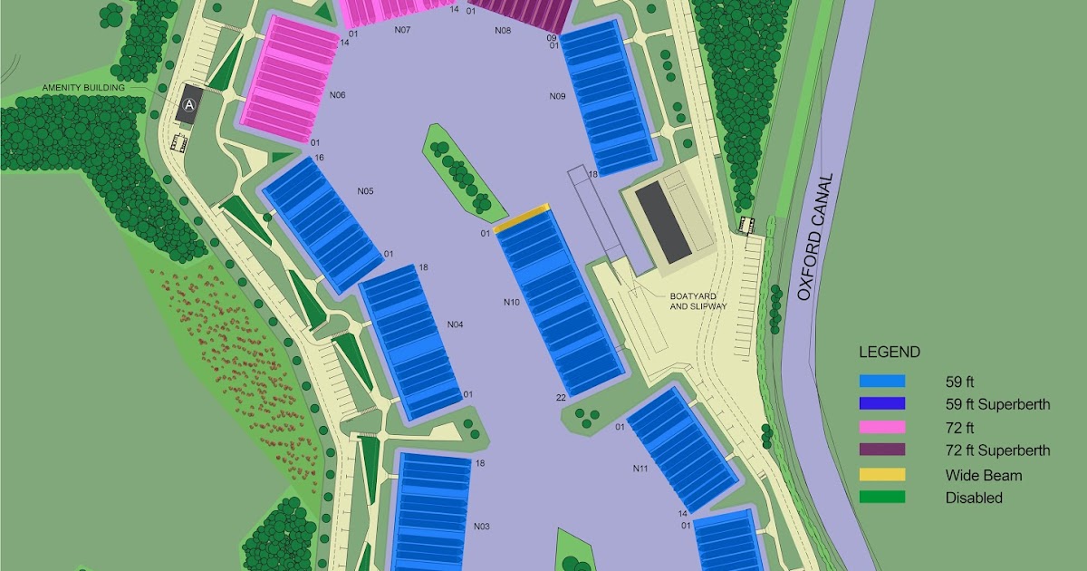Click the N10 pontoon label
tap(512, 302)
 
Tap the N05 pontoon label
tap(365, 191)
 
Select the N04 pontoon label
tap(455, 324)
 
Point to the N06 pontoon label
tap(338, 95)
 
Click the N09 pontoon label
tap(557, 96)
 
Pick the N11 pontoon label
tap(640, 469)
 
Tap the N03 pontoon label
tap(481, 527)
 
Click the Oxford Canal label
tap(813, 237)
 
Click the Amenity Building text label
tap(80, 88)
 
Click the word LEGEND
tap(889, 353)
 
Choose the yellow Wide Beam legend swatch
tap(881, 474)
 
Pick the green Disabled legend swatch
tap(881, 497)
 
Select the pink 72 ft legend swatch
tap(881, 427)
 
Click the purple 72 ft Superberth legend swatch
tap(881, 450)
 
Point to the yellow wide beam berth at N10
tap(523, 218)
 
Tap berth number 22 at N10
tap(562, 398)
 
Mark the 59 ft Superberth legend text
tap(997, 404)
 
